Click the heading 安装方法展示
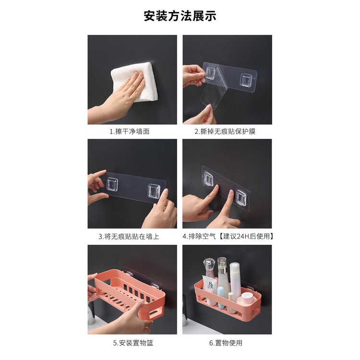(180, 16)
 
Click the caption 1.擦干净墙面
(130, 132)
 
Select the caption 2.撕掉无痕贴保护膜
(225, 132)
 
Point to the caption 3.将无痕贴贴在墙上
(129, 237)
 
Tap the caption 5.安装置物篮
(133, 343)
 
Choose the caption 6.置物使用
(226, 343)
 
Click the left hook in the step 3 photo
(112, 184)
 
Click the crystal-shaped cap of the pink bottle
(209, 264)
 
